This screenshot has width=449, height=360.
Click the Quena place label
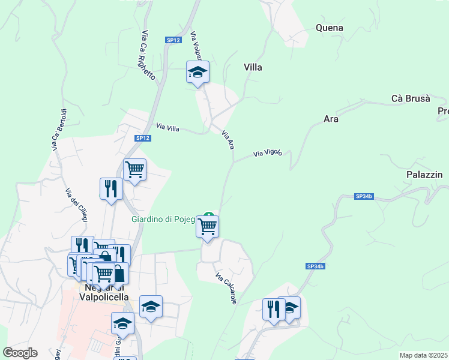coord(330,28)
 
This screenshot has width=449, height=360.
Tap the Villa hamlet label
coord(253,68)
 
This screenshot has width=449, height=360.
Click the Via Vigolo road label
coord(268,154)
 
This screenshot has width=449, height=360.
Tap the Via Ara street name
coord(228,139)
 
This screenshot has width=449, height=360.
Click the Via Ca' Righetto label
coord(149,56)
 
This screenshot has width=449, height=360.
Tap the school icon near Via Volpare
coord(197,73)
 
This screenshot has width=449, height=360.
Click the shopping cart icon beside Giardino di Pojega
coord(207,227)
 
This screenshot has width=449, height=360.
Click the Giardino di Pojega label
coord(163,219)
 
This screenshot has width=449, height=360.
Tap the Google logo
coord(20,353)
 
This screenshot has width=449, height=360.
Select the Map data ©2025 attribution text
coord(423,355)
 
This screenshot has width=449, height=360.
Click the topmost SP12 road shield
coord(173,40)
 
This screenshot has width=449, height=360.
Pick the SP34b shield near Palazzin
coord(364,196)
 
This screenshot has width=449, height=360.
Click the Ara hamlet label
coord(331,119)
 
